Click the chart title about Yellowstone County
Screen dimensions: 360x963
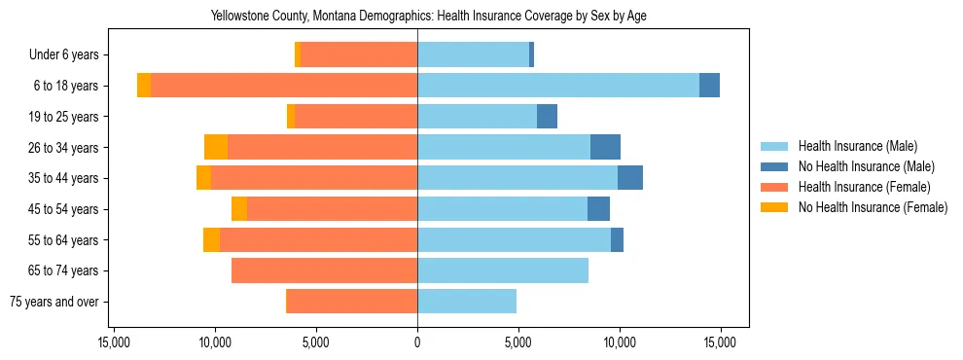428,17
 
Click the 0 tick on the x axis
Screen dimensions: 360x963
417,342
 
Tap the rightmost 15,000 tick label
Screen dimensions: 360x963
720,342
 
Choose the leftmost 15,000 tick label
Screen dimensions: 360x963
114,342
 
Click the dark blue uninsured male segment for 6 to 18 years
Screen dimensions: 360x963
709,86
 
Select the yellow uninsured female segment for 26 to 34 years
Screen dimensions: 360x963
216,147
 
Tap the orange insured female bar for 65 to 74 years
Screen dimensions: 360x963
324,270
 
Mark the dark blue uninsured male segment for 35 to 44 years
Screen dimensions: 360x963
630,178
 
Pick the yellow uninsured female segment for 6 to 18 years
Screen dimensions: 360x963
144,86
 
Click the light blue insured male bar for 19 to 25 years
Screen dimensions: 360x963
477,117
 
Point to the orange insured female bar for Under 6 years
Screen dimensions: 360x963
359,55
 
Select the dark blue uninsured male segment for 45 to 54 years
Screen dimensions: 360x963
598,209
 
